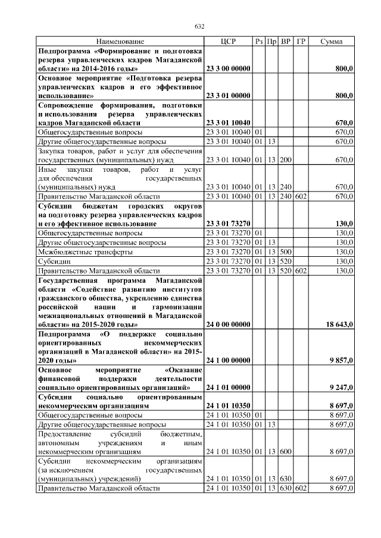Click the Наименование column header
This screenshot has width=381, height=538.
coord(120,41)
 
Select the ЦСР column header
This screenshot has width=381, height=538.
coord(228,41)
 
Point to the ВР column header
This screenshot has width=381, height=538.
coord(286,41)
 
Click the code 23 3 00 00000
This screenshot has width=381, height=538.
coord(228,69)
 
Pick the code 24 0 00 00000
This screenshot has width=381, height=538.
coord(228,325)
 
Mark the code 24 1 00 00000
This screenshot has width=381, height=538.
coord(228,360)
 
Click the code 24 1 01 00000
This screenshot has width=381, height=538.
coord(228,387)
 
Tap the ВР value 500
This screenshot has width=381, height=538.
coord(286,251)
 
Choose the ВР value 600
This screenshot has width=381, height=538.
coord(286,452)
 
